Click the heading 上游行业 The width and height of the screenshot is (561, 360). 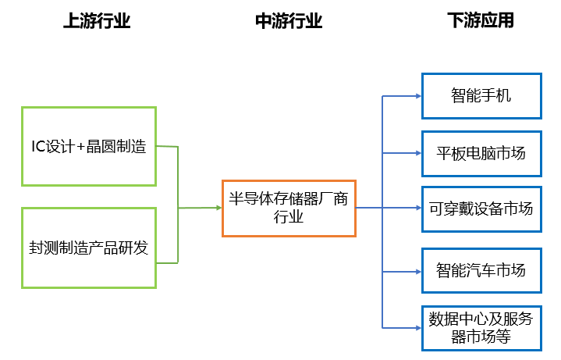click(97, 22)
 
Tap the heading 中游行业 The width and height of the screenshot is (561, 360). click(289, 22)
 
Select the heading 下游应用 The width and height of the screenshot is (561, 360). click(481, 22)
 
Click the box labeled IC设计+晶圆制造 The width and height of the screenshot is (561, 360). click(89, 146)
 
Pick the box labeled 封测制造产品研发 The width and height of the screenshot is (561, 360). click(89, 248)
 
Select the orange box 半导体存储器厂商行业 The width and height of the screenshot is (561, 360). click(289, 207)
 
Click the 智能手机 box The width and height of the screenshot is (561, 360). click(481, 96)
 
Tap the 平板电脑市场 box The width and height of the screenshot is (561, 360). click(481, 153)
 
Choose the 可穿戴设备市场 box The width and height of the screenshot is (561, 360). click(481, 209)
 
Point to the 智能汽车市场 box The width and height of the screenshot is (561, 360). click(481, 271)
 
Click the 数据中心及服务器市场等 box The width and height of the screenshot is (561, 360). click(481, 327)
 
